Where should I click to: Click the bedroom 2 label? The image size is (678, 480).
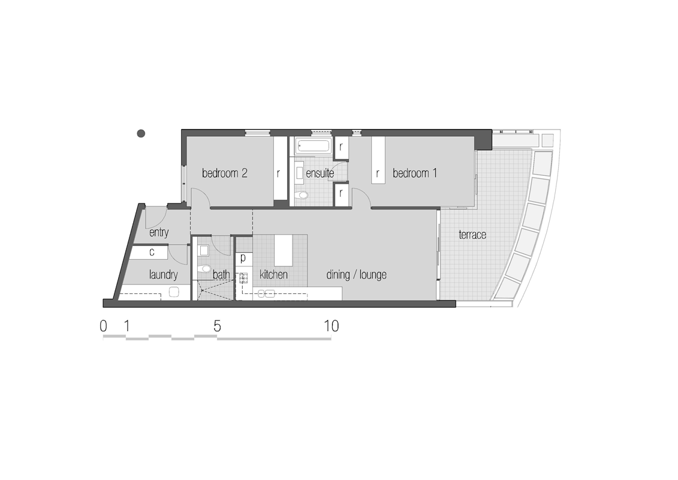pos(225,173)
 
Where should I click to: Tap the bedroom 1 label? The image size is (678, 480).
pos(415,173)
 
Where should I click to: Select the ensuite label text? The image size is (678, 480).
pos(320,173)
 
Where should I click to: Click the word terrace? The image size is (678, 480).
pos(472,235)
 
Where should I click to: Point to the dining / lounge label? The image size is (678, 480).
pos(356,275)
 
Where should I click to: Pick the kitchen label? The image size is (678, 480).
pos(273,275)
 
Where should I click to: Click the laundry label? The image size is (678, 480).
pos(163,275)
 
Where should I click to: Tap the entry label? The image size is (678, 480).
pos(159,233)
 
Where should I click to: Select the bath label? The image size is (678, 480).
pos(221,275)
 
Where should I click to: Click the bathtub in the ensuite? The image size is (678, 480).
pos(312,145)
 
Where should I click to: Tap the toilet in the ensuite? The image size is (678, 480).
pos(302,195)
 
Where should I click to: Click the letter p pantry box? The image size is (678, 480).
pos(243,259)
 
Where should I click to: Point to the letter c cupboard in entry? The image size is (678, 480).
pos(152,252)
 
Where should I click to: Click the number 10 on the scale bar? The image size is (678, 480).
pos(332,326)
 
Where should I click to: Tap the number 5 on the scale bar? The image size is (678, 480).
pos(217,326)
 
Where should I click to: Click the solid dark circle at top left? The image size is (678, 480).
pos(141,133)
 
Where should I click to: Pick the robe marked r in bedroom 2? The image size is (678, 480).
pos(279,173)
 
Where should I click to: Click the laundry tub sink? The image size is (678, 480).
pos(174,292)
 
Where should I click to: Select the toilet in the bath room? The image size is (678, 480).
pos(206,269)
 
